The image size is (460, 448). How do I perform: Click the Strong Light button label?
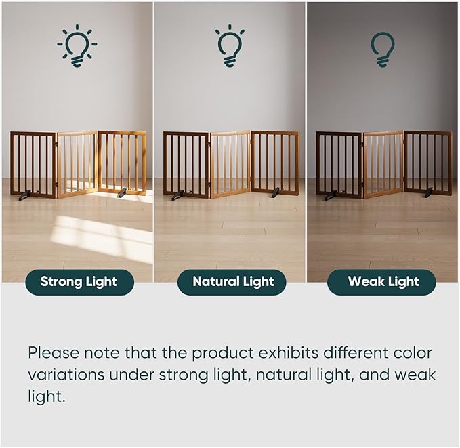(79, 282)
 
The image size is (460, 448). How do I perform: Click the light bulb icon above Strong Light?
(77, 46)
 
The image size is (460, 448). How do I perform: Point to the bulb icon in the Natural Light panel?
(230, 46)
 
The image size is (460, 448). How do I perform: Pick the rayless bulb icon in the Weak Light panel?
(383, 49)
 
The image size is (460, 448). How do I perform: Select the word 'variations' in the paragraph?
(66, 375)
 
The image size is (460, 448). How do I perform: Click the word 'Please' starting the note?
(54, 353)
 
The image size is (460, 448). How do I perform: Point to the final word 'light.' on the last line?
(46, 397)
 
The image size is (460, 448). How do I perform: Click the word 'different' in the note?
(356, 352)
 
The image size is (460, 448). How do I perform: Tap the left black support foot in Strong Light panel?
(24, 195)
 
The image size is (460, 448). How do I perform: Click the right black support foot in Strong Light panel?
(122, 192)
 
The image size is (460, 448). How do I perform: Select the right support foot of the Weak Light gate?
(428, 192)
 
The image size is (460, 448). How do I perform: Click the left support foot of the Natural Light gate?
(177, 195)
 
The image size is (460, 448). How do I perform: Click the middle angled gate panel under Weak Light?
(383, 165)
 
